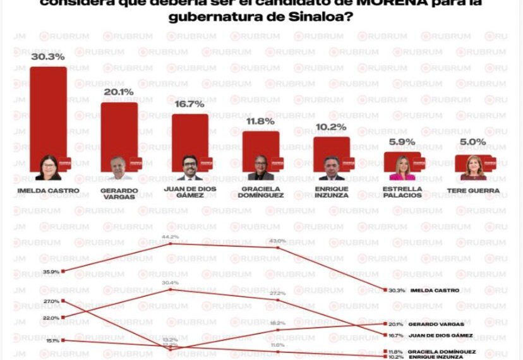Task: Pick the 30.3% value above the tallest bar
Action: (49, 57)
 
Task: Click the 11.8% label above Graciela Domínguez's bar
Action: (260, 121)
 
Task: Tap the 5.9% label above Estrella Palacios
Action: (402, 143)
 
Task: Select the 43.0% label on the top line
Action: (278, 241)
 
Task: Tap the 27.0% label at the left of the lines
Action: (51, 301)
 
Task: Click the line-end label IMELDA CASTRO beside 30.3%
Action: (435, 291)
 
